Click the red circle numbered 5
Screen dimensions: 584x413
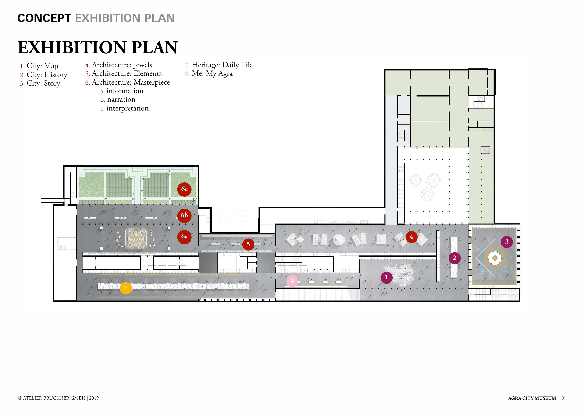click(248, 244)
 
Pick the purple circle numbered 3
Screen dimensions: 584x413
click(507, 242)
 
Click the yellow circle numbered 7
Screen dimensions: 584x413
click(126, 288)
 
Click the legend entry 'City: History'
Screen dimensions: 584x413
click(47, 75)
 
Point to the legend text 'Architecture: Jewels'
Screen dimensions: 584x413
click(122, 65)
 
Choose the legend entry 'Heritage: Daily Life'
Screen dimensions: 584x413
click(222, 65)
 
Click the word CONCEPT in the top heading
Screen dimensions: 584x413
click(44, 18)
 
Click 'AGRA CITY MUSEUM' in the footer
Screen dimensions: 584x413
click(532, 398)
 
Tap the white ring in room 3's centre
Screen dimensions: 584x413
click(495, 258)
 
